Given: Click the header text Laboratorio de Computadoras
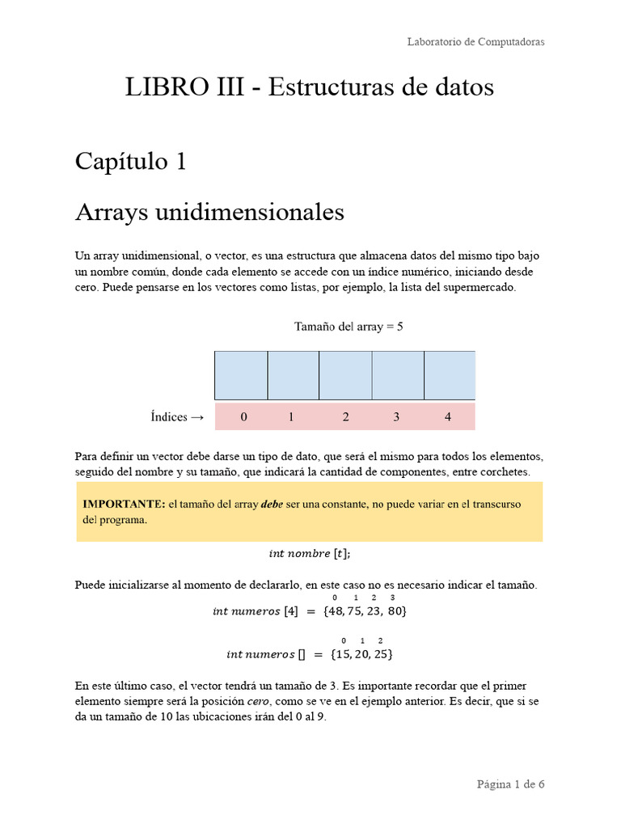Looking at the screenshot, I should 475,42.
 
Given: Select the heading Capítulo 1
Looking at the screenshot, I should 131,162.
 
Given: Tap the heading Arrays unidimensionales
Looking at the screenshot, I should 209,213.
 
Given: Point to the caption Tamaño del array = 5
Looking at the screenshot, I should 349,327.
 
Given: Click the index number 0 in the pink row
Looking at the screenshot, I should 244,417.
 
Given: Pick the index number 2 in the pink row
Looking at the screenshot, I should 345,417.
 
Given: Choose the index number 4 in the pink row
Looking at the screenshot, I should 448,417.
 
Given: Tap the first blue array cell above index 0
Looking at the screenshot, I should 241,375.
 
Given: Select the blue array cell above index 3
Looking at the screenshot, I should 398,375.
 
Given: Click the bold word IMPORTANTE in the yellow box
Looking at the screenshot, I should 124,504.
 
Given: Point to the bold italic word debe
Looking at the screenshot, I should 271,504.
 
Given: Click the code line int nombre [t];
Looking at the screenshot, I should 310,554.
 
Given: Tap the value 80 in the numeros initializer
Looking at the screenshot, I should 395,612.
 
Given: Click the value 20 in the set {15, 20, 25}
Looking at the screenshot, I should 361,653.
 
